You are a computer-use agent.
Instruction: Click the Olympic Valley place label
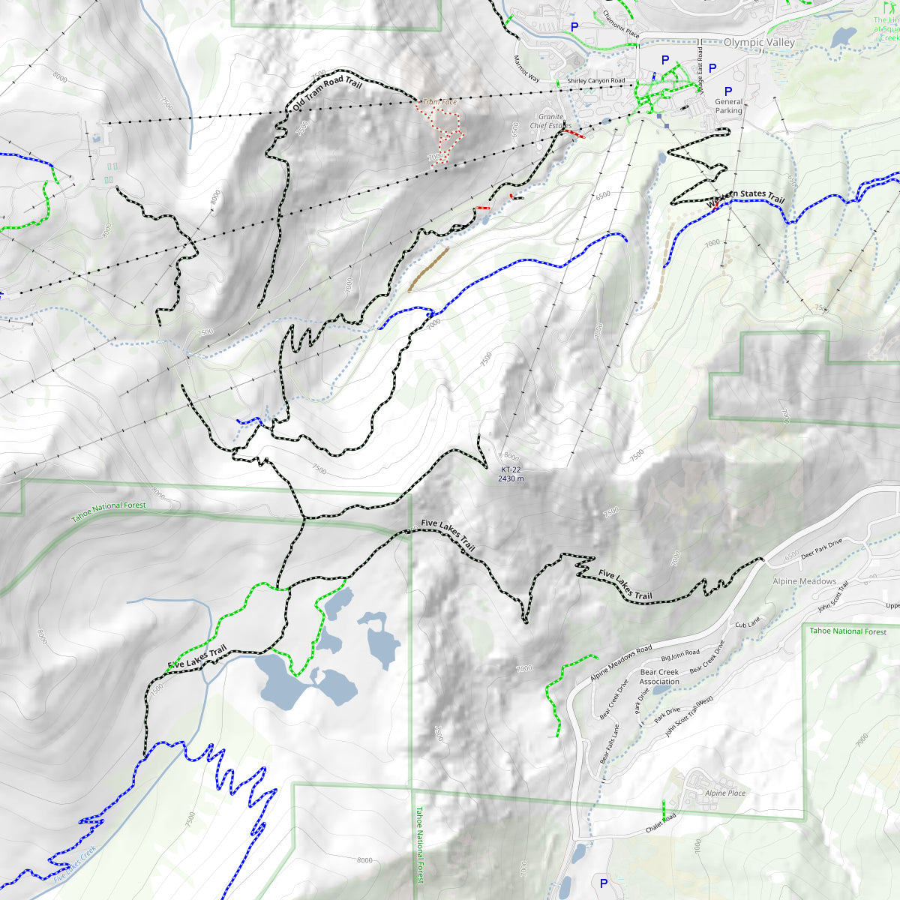(759, 43)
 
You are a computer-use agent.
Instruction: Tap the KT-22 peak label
(511, 469)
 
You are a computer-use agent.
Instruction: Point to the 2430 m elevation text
(511, 478)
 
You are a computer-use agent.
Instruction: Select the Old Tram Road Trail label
(327, 94)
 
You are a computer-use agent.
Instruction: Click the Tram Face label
(439, 102)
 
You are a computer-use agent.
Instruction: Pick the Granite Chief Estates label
(550, 121)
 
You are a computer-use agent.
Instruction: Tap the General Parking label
(728, 106)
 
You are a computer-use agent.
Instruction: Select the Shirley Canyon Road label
(595, 81)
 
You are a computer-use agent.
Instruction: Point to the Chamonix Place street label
(621, 24)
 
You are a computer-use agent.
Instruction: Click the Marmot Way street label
(526, 67)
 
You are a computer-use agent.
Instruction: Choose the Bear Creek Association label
(659, 676)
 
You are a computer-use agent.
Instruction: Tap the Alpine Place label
(725, 793)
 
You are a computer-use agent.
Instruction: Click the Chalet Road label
(661, 823)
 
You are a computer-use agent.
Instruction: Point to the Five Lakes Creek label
(75, 864)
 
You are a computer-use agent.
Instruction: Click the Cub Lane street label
(747, 623)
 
